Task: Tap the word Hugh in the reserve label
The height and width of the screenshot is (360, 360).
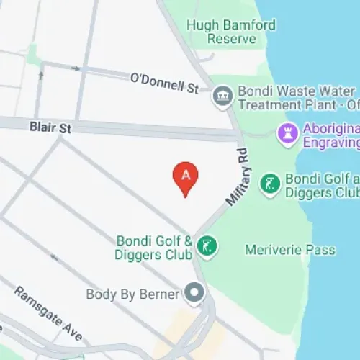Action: pyautogui.click(x=201, y=25)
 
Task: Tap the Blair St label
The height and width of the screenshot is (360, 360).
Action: pyautogui.click(x=51, y=127)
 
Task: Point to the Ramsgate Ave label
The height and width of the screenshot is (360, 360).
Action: pyautogui.click(x=48, y=314)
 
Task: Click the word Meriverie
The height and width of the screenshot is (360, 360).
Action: pyautogui.click(x=274, y=251)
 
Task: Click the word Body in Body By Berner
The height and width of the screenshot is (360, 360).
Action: pyautogui.click(x=101, y=294)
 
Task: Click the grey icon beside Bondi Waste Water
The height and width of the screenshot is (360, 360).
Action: pyautogui.click(x=222, y=96)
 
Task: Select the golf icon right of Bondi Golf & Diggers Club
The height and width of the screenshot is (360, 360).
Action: pyautogui.click(x=207, y=247)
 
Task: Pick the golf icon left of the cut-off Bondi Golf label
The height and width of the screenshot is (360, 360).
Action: pyautogui.click(x=270, y=185)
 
